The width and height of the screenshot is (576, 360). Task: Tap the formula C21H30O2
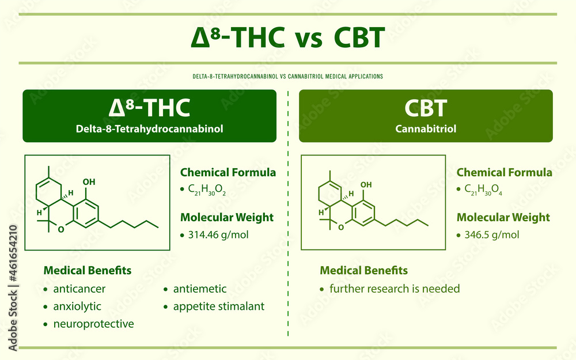coord(207,190)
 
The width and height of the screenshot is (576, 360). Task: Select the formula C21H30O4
coord(483,190)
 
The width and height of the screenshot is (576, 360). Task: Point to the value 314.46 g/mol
coord(218,235)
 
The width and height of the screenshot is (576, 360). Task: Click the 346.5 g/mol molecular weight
coord(491,235)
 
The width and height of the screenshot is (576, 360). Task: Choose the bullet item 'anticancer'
coord(79,289)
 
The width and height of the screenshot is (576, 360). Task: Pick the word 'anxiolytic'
coord(77,306)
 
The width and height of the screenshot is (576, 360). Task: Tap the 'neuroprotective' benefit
coord(94,324)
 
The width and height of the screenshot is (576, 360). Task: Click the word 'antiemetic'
coord(200,289)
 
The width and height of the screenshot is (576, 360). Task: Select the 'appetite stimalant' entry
coord(219,306)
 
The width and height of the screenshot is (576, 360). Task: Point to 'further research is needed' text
coord(395,289)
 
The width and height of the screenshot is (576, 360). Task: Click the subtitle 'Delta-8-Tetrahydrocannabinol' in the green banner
coord(150,129)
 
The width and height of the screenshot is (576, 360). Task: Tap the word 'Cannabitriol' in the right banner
coord(426,129)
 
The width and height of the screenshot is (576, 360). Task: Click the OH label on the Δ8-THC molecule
coord(89,182)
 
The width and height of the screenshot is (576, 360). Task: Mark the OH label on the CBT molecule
coord(366,184)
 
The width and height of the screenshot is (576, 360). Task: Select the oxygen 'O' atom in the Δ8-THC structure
coord(61,230)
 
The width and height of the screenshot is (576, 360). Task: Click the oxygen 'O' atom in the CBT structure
coord(341,228)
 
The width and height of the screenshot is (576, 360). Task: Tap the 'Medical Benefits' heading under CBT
coord(363,270)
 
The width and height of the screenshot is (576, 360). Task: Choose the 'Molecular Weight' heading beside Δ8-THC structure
coord(227,218)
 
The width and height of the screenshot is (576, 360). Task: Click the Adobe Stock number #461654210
coord(13,253)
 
